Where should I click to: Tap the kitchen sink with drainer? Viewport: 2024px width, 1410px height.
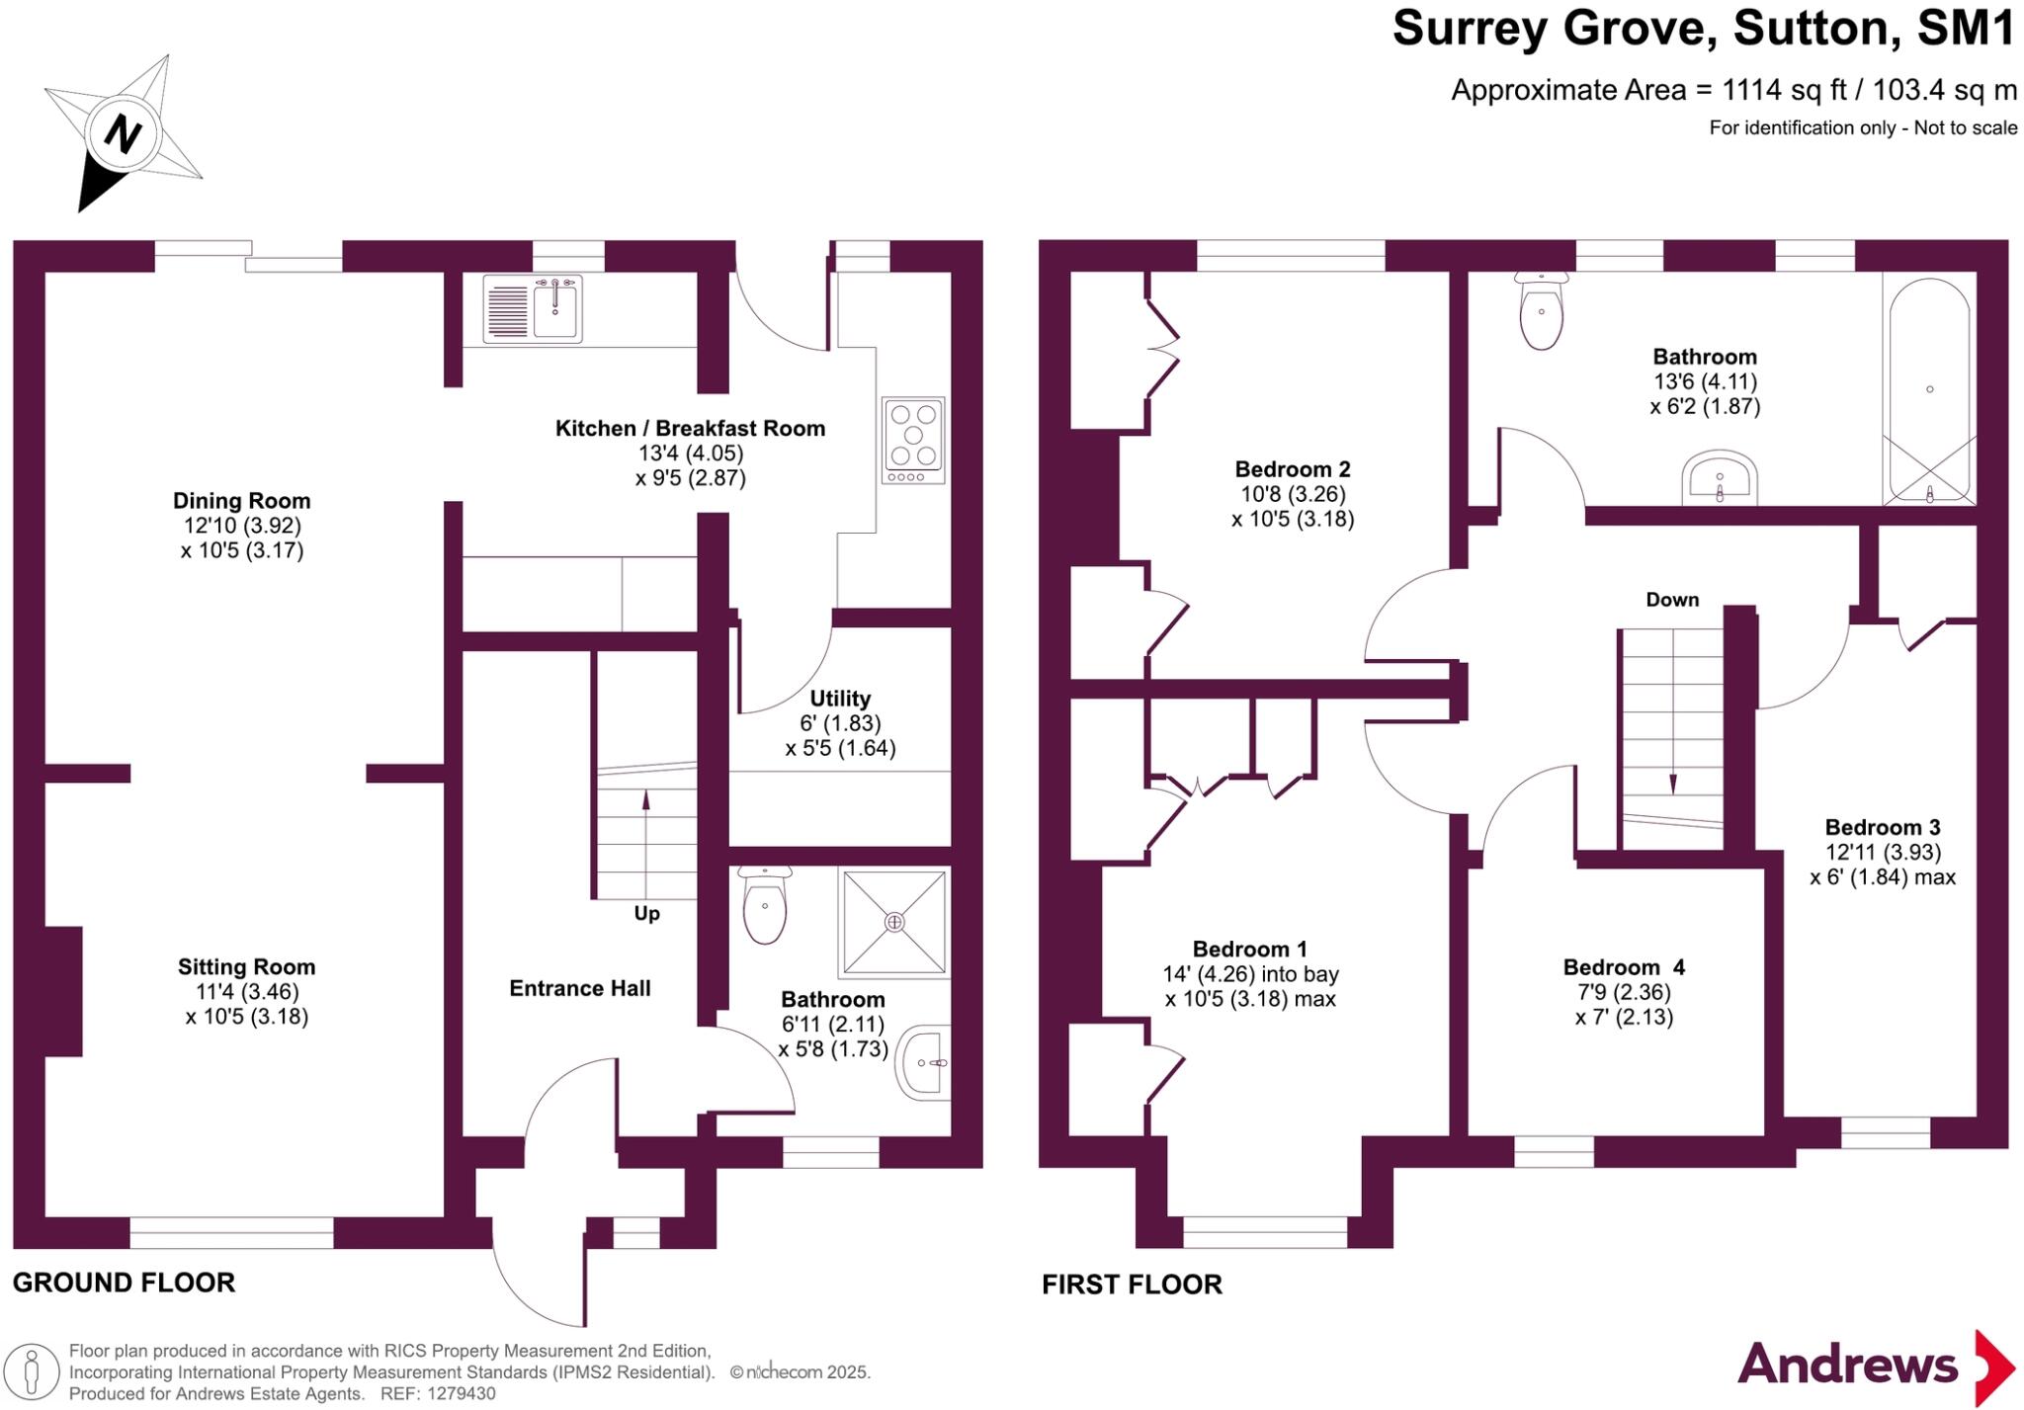coord(533,308)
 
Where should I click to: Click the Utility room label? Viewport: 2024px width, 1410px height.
coord(840,699)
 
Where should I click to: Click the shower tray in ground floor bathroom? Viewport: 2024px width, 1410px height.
coord(894,922)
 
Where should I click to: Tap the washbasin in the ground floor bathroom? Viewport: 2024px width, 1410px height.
coord(924,1063)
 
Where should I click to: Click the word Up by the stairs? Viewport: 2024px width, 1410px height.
coord(646,914)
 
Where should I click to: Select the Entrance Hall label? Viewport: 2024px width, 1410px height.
coord(580,988)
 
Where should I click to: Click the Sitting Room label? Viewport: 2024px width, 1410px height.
coord(246,967)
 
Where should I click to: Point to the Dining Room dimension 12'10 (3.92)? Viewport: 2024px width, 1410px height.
coord(242,526)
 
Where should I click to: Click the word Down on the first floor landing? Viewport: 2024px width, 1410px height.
coord(1672,600)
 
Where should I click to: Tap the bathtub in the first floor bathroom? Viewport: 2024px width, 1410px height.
coord(1929,390)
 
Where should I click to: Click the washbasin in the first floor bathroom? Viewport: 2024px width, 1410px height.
coord(1720,480)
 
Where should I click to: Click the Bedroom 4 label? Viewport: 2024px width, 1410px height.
coord(1624,967)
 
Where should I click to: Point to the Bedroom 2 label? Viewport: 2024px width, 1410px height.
coord(1293,469)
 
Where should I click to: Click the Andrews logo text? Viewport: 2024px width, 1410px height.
coord(1847,1365)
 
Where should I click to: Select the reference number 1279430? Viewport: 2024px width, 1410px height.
coord(461,1394)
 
